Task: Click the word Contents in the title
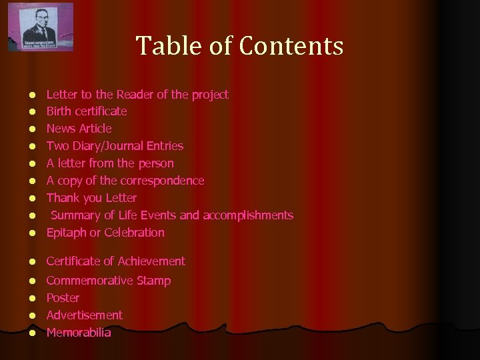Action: click(291, 46)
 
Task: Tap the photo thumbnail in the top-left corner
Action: click(41, 27)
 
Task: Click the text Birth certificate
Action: click(86, 111)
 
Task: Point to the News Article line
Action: click(79, 129)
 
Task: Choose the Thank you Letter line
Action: click(91, 198)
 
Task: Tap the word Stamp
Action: click(154, 281)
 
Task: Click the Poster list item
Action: click(63, 298)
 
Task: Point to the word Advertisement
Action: click(84, 315)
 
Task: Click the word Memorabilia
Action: click(79, 333)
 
